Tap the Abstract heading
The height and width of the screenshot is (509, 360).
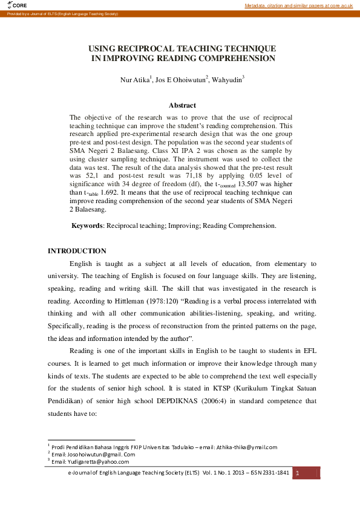click(x=182, y=105)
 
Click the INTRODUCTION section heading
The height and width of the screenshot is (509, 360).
click(x=77, y=251)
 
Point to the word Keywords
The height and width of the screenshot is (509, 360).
click(x=88, y=225)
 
